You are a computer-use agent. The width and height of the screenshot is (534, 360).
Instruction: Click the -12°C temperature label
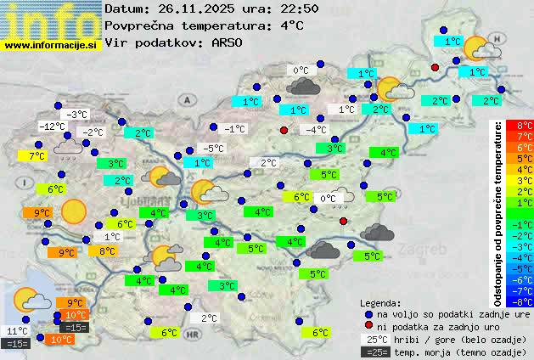(x=53, y=127)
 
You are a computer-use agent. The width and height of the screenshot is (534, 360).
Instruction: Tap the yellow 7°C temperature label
(x=36, y=156)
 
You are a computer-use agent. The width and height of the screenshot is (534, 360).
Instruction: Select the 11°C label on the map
(x=16, y=331)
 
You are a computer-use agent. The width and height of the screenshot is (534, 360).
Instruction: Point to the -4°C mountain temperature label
(x=316, y=130)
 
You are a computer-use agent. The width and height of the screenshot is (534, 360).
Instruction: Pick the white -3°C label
(x=76, y=115)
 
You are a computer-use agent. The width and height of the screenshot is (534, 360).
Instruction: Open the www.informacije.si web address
(x=50, y=43)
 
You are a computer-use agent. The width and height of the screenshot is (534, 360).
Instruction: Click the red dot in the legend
(x=368, y=326)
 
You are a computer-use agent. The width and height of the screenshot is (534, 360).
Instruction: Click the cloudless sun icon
(x=75, y=210)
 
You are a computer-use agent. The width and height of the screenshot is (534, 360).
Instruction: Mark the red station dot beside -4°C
(x=284, y=130)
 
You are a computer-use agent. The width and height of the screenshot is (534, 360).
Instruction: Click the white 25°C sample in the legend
(x=374, y=339)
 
